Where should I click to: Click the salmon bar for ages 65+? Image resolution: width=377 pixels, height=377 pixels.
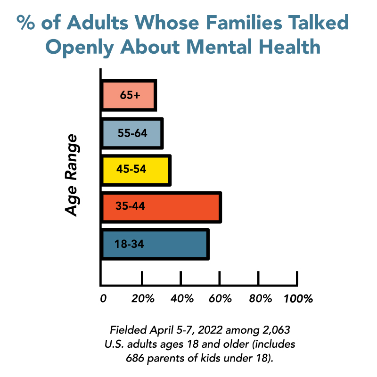(x=129, y=95)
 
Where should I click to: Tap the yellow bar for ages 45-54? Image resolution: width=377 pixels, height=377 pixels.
(x=136, y=170)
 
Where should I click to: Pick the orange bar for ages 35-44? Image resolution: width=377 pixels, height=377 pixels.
(x=161, y=207)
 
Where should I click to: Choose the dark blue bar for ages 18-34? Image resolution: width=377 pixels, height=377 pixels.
(x=155, y=244)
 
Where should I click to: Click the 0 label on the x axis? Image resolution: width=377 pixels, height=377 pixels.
(x=103, y=299)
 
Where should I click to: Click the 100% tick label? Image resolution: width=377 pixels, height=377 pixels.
(x=298, y=299)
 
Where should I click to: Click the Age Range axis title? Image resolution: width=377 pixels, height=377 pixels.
(x=72, y=175)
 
